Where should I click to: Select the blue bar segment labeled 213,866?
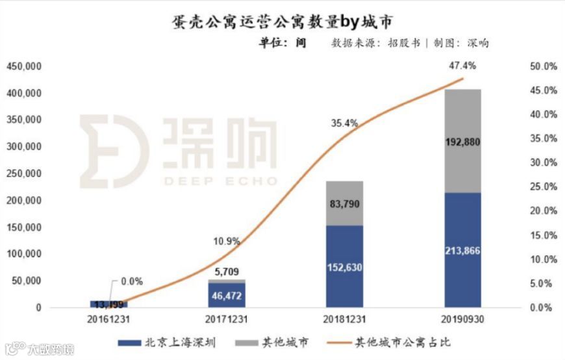pyautogui.click(x=462, y=250)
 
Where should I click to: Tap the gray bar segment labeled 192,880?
pyautogui.click(x=462, y=141)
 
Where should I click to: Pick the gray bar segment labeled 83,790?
pyautogui.click(x=344, y=203)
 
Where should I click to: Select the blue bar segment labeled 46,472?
pyautogui.click(x=227, y=295)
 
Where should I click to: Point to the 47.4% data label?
pyautogui.click(x=462, y=66)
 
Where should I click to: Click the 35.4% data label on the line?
pyautogui.click(x=344, y=122)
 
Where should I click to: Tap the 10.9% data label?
pyautogui.click(x=227, y=241)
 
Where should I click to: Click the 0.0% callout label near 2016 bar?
pyautogui.click(x=130, y=281)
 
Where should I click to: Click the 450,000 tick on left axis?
pyautogui.click(x=24, y=66)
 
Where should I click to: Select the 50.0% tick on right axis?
pyautogui.click(x=544, y=66)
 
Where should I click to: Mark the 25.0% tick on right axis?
pyautogui.click(x=544, y=187)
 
